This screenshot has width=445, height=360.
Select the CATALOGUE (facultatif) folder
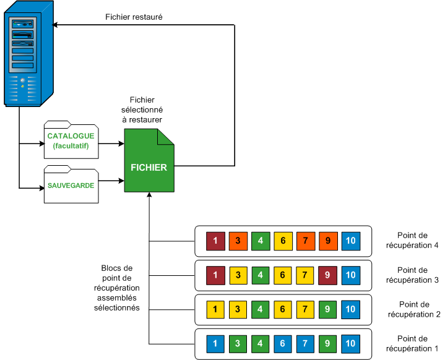(71, 140)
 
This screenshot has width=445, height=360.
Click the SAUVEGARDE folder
(71, 185)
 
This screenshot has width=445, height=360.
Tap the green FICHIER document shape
(149, 162)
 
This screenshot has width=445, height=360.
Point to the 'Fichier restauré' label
(134, 17)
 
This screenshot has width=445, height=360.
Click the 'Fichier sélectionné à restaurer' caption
(142, 109)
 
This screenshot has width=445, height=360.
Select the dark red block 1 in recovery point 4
(215, 240)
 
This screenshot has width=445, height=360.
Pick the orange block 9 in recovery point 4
(327, 240)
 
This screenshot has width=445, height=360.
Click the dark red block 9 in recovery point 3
(327, 274)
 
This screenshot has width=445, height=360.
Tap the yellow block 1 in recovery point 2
(215, 308)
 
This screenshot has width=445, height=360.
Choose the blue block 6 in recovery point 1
(282, 343)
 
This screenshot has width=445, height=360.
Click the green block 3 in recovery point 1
(238, 343)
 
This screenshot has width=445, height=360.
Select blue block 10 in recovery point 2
(350, 308)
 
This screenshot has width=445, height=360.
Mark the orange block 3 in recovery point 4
(238, 240)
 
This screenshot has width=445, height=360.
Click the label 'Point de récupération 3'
(412, 275)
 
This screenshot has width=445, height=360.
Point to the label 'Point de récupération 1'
(412, 343)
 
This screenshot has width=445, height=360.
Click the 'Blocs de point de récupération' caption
(120, 288)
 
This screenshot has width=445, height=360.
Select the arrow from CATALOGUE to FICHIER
(111, 144)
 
